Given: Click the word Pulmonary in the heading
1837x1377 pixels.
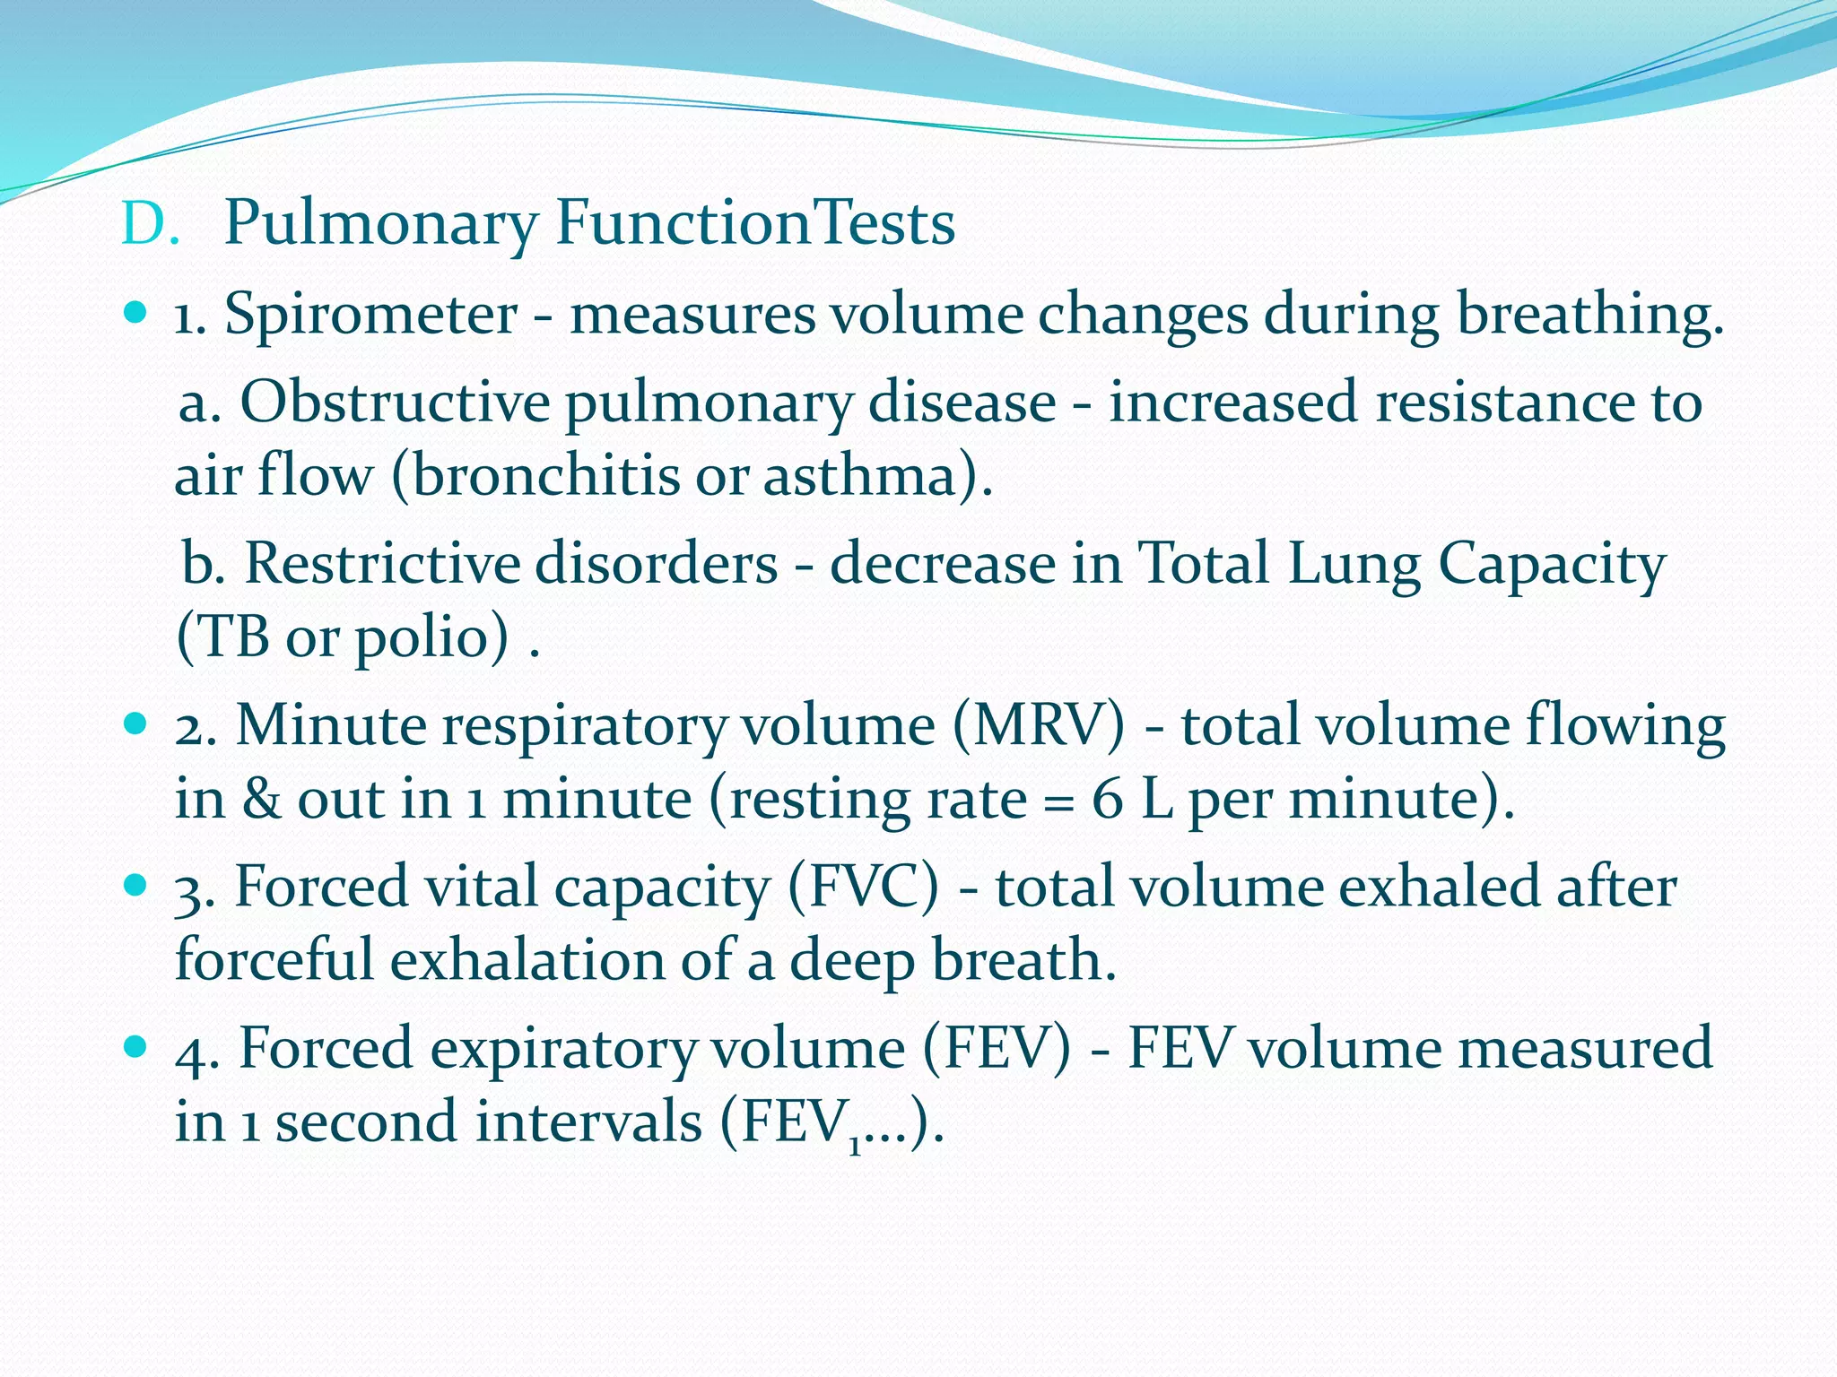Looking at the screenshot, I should (x=380, y=224).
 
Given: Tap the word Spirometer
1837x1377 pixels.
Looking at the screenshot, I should (x=370, y=316).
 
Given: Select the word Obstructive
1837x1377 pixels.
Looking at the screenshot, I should (x=395, y=403).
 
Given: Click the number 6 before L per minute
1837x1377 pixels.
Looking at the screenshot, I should (x=1107, y=799).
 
